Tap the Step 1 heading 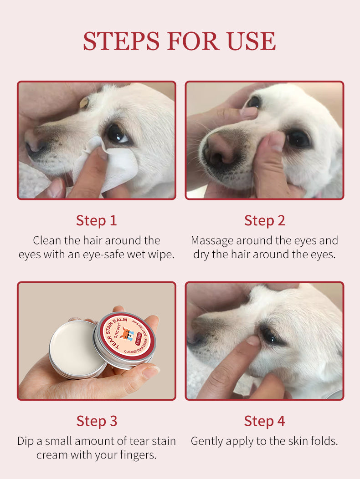click(x=96, y=220)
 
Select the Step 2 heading click(x=264, y=220)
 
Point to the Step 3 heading click(x=96, y=421)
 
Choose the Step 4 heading click(x=264, y=421)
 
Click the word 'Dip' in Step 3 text click(x=26, y=441)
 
